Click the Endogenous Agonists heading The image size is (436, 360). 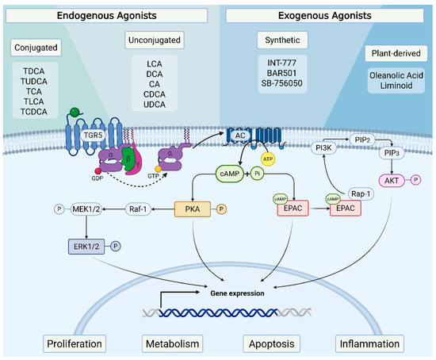click(x=107, y=16)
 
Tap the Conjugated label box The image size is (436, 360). click(x=35, y=48)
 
